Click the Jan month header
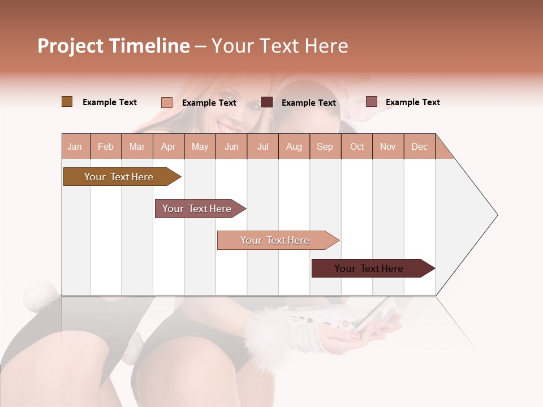(75, 146)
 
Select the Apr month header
(169, 146)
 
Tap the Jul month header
(262, 146)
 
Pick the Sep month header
(325, 146)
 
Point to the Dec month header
(419, 146)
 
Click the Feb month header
(106, 146)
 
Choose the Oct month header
(357, 146)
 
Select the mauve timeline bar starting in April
(198, 209)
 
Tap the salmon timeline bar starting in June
(276, 240)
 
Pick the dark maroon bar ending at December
(370, 269)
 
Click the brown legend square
(67, 102)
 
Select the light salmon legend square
(166, 102)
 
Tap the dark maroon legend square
(267, 102)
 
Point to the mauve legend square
(371, 102)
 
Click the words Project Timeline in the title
(114, 46)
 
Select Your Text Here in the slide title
(279, 46)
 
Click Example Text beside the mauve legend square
(412, 102)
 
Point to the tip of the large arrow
(496, 215)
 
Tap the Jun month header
(231, 146)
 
